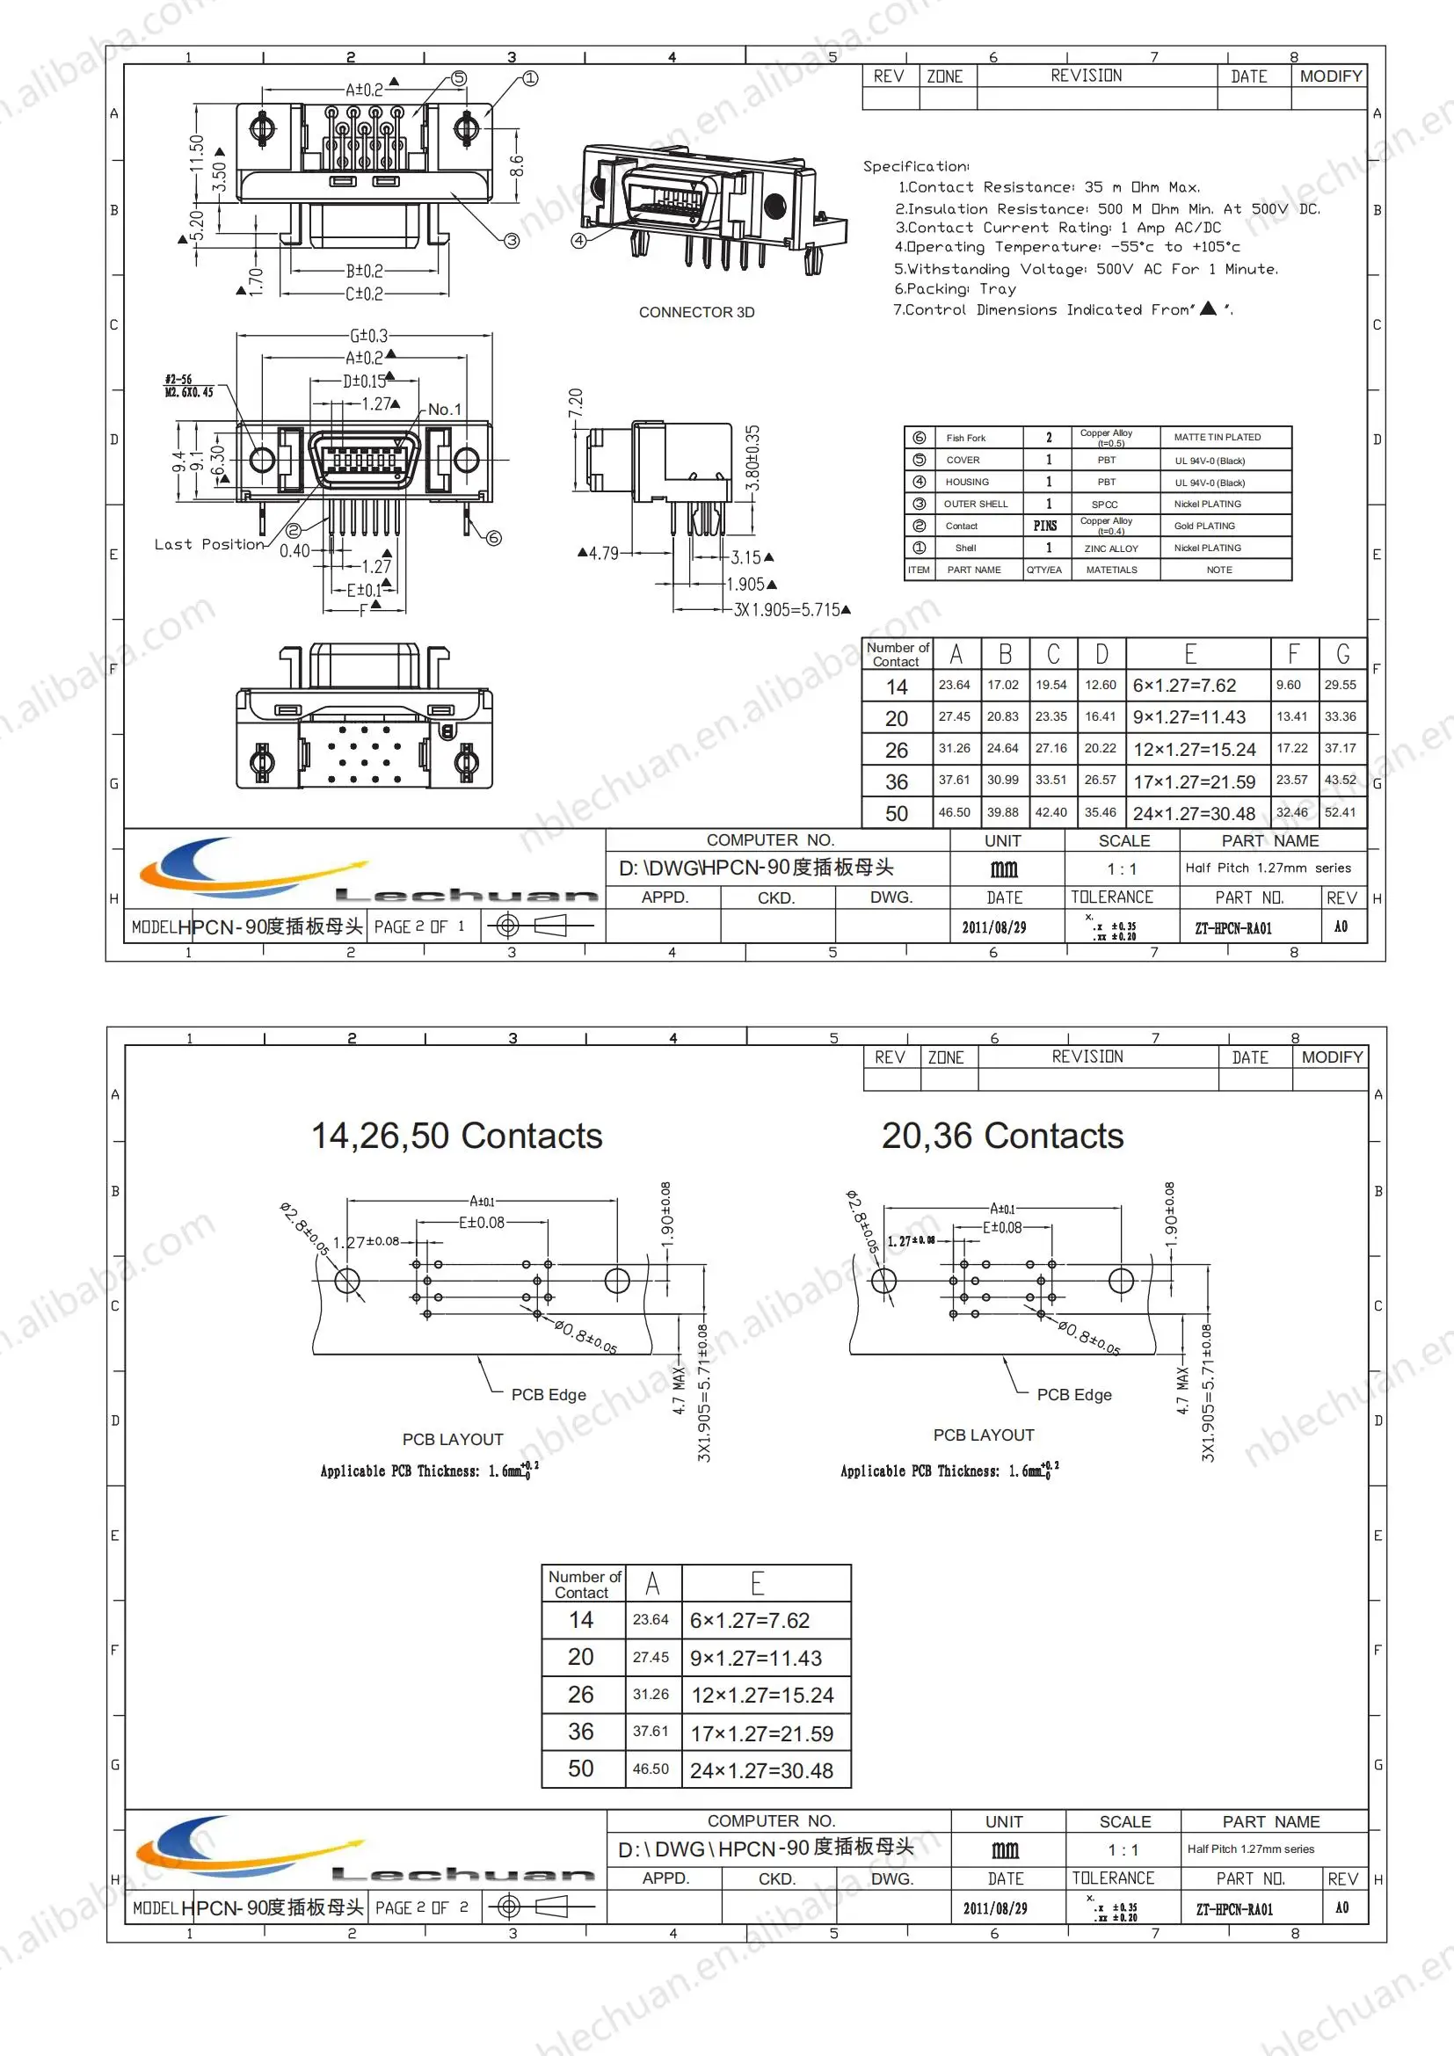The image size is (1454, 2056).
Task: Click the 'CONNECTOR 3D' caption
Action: point(695,313)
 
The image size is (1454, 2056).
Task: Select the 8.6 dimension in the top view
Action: point(517,166)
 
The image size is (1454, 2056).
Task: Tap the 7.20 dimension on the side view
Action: point(576,402)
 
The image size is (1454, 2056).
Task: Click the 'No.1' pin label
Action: point(444,410)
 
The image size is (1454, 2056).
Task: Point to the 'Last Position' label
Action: point(209,544)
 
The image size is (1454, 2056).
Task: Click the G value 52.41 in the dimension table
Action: point(1340,812)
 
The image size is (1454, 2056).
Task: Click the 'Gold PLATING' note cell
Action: point(1204,526)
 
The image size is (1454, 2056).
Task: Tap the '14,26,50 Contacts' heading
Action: point(456,1136)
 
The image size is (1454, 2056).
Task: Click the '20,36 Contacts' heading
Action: point(1002,1136)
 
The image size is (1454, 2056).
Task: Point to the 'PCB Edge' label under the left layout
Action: point(548,1394)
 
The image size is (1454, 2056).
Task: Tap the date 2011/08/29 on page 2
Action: point(995,1908)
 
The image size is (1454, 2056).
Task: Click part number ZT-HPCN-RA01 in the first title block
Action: point(1232,928)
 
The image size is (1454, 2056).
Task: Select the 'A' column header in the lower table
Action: point(652,1583)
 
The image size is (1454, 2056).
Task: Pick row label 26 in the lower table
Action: point(580,1694)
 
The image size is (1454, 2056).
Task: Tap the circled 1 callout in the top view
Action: point(530,79)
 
